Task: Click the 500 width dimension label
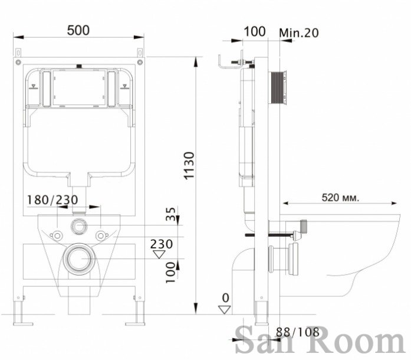click(78, 31)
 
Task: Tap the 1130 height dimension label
click(189, 166)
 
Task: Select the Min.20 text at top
click(299, 33)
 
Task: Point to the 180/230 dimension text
click(52, 200)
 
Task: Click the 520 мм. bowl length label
click(340, 198)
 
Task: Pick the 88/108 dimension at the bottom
click(298, 332)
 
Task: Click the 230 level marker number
click(162, 244)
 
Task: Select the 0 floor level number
click(225, 298)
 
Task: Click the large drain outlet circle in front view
click(78, 258)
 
